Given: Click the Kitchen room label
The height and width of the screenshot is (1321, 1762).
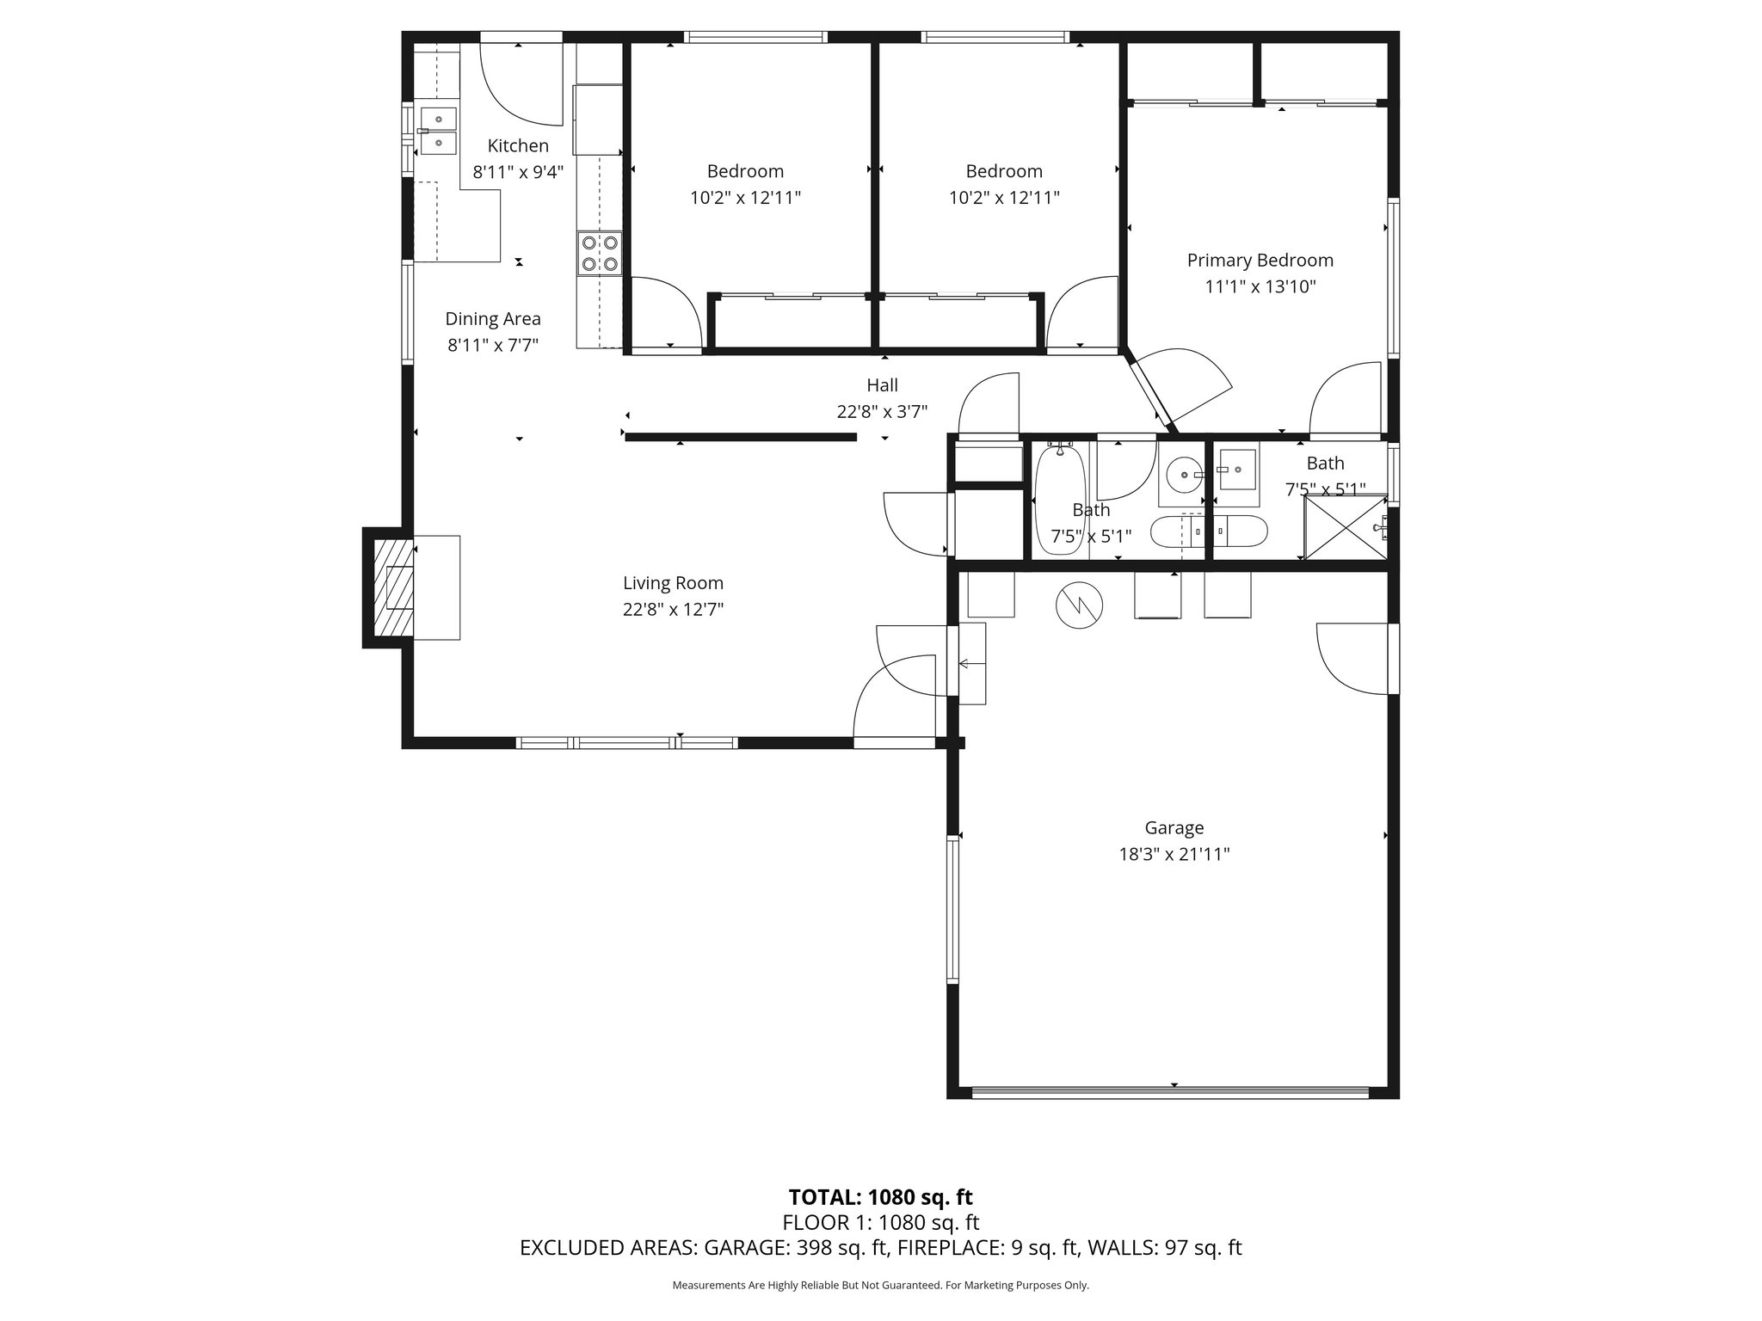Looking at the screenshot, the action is [x=518, y=145].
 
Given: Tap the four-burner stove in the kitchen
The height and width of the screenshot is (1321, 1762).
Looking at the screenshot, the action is [x=600, y=253].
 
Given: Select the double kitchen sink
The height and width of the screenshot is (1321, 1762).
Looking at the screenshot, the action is [x=439, y=130].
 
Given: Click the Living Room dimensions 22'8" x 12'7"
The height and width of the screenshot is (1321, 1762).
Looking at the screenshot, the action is [x=673, y=610].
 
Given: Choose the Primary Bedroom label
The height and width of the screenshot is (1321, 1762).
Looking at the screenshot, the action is [x=1260, y=261].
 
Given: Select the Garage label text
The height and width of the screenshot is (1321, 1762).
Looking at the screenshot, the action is [x=1174, y=827].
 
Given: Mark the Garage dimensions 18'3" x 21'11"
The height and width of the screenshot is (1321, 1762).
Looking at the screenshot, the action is [x=1174, y=854].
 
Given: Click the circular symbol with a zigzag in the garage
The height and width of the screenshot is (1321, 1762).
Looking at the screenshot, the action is [x=1079, y=605].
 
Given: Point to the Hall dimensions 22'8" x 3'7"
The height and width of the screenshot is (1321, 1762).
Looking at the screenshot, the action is [x=882, y=412].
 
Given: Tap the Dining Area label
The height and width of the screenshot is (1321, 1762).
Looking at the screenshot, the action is [x=493, y=319].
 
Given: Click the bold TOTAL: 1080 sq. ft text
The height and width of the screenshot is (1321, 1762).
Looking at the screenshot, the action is [x=880, y=1197].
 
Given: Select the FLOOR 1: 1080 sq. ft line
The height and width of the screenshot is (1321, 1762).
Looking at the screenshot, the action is [x=880, y=1222].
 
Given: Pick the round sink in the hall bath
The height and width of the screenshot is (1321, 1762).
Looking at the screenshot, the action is [x=1185, y=474].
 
